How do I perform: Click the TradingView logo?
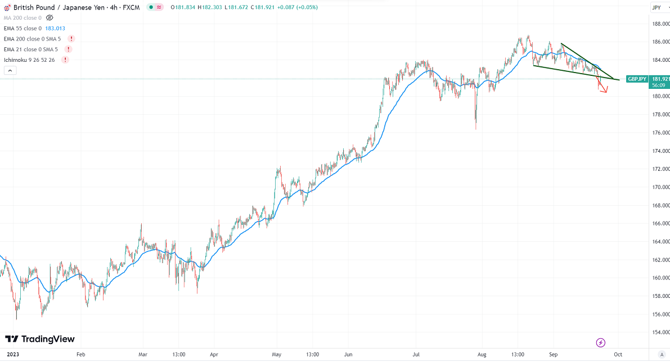(39, 339)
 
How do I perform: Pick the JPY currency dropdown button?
(656, 7)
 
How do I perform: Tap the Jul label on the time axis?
(416, 355)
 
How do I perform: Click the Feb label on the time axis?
(80, 355)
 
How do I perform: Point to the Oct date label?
(618, 355)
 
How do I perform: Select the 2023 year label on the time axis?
(12, 355)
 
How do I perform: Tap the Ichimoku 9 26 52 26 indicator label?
(29, 60)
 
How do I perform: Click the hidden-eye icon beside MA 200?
(50, 18)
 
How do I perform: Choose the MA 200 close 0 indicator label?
(23, 18)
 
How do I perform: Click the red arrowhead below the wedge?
(604, 90)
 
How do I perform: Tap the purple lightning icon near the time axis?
(601, 342)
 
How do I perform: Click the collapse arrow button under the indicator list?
(10, 70)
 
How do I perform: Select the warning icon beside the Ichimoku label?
(65, 60)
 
